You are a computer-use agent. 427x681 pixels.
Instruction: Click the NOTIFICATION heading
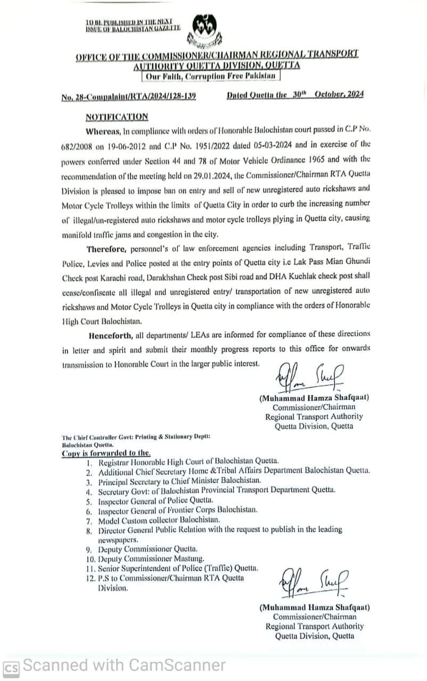[x=117, y=117]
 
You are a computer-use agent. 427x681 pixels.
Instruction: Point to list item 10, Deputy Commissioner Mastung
[x=151, y=559]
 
